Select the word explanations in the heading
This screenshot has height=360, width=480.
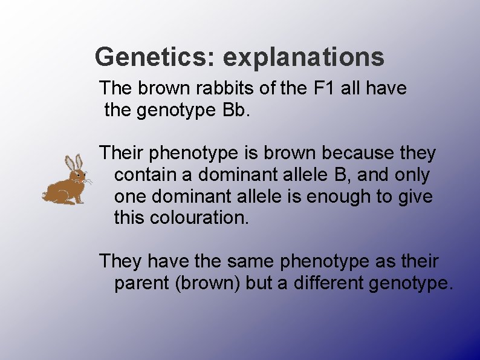point(303,57)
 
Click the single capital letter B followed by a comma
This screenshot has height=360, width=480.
point(340,175)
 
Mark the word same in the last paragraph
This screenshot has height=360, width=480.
point(251,261)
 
